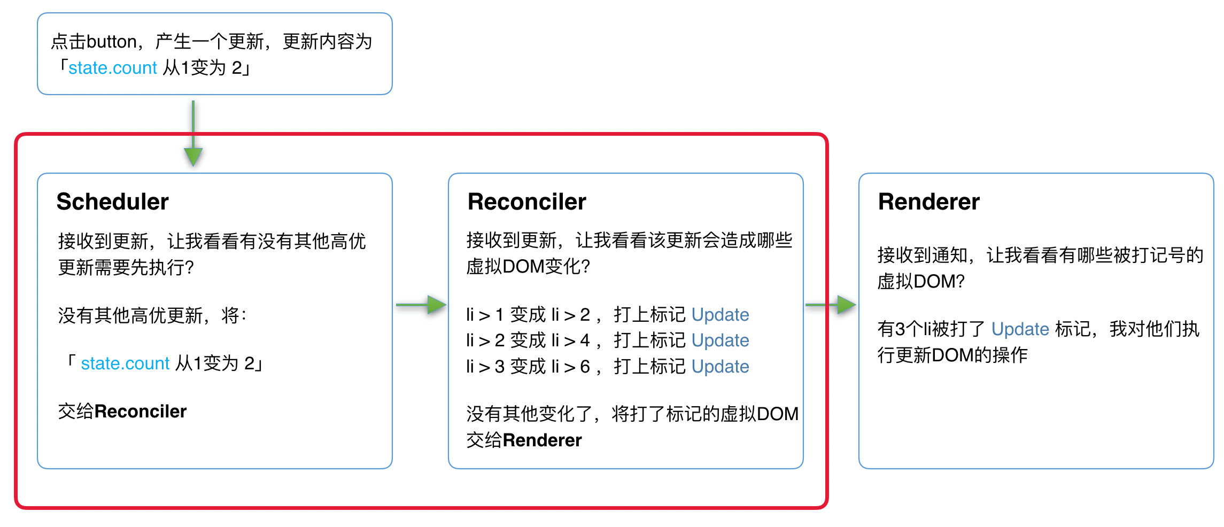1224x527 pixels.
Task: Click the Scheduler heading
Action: pos(112,201)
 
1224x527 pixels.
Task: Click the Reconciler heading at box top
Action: pos(526,201)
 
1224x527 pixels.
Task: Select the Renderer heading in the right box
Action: pos(928,201)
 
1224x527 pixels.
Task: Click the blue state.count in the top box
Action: pos(112,68)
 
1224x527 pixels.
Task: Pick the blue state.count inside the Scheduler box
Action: pos(125,363)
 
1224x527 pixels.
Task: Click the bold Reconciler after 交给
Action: pos(141,411)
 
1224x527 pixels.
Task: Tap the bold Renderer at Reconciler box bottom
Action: pos(542,440)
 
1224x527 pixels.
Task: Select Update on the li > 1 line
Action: pos(720,315)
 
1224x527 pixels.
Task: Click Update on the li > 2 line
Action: pos(720,340)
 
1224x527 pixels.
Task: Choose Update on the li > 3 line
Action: pos(720,367)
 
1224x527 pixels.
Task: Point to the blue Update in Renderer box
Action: pos(1020,329)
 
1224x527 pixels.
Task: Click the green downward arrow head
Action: pos(193,157)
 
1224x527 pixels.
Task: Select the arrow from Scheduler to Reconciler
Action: pos(421,305)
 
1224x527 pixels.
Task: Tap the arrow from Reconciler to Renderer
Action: pos(831,305)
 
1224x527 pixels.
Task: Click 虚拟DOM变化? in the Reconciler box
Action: pos(528,266)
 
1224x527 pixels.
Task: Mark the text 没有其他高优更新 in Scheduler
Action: pos(130,315)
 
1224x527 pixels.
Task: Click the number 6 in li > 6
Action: pos(585,367)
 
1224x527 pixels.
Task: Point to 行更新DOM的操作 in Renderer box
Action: pos(952,355)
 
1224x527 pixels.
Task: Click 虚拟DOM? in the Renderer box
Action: pos(920,281)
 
